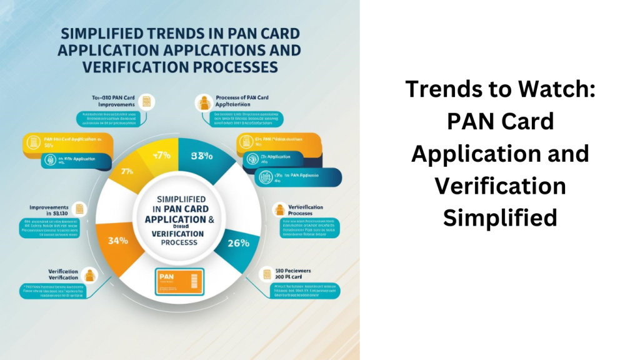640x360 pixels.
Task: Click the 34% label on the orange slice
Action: click(x=119, y=239)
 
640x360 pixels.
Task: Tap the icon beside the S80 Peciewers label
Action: click(x=267, y=274)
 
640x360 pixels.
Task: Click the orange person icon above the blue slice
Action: click(x=202, y=102)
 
